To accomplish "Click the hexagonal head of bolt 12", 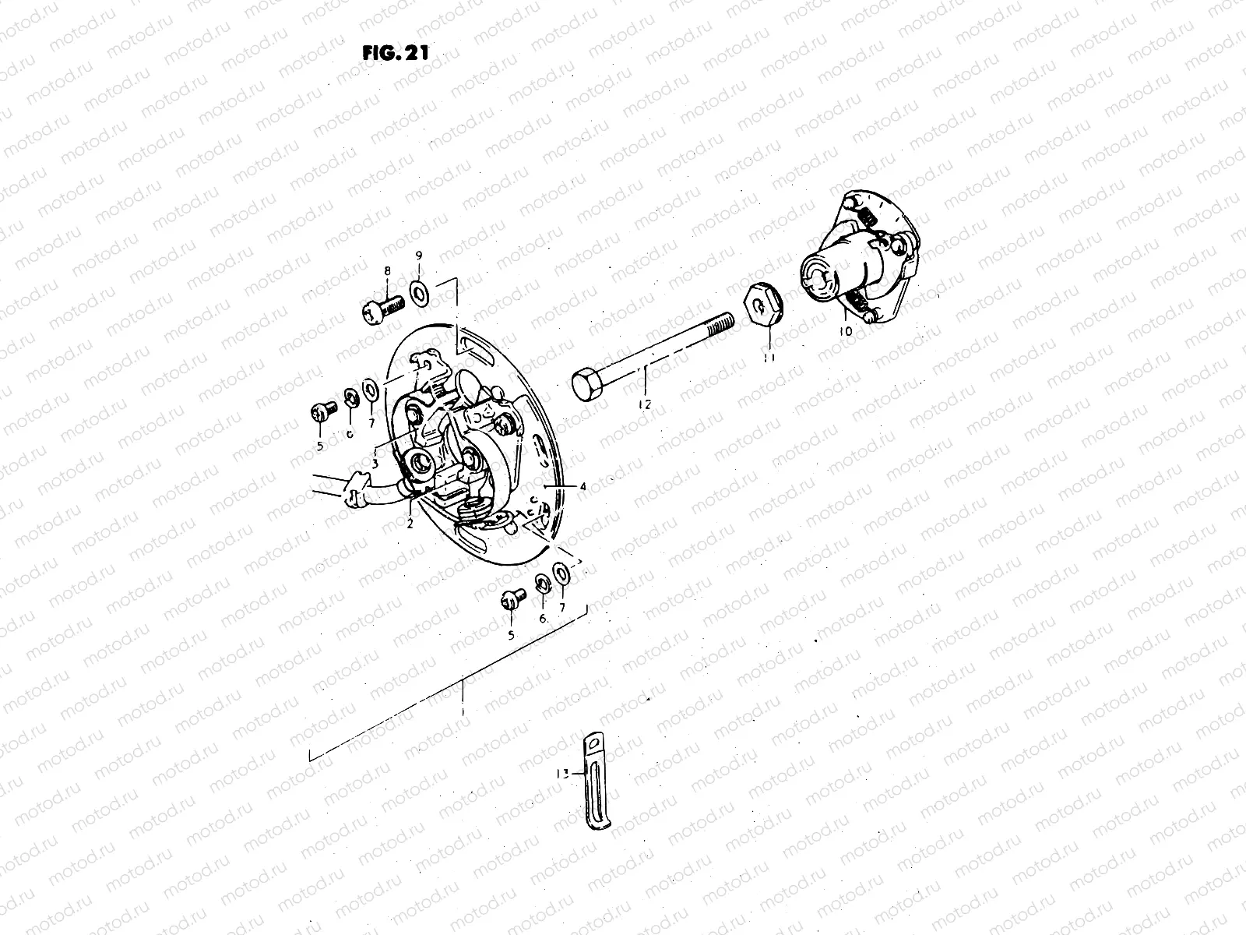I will pyautogui.click(x=585, y=384).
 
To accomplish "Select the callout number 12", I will pyautogui.click(x=644, y=404).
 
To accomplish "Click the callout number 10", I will pyautogui.click(x=846, y=331).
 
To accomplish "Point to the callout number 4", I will pyautogui.click(x=582, y=486).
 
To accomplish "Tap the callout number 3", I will pyautogui.click(x=375, y=462).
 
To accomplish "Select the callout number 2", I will pyautogui.click(x=409, y=523).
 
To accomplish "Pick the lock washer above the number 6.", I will pyautogui.click(x=541, y=584).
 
